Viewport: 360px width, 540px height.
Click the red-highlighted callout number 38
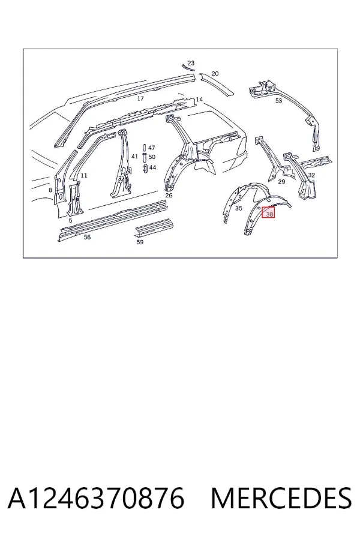pos(269,214)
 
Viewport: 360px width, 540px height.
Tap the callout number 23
pos(191,63)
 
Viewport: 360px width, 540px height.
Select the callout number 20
pos(215,73)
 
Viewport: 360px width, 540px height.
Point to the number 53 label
pos(278,101)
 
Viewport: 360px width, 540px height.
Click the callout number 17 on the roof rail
pos(140,98)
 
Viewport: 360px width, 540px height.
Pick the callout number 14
pos(199,100)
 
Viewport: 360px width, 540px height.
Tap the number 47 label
pos(152,148)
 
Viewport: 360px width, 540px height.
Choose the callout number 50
pos(152,157)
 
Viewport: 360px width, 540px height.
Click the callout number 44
pos(152,167)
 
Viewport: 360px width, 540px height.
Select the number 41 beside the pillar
pos(134,157)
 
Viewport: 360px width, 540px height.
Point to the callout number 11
pos(84,176)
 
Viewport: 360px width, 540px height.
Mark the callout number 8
pos(50,190)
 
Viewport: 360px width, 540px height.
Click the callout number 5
pos(71,220)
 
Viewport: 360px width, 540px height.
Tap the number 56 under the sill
pos(87,237)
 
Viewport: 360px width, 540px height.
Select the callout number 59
pos(140,242)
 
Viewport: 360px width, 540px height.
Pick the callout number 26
pos(169,196)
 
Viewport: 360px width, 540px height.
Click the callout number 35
pos(239,208)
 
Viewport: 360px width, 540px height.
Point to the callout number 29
pos(281,181)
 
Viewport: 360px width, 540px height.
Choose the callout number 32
pos(311,175)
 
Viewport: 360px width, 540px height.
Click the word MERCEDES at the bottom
pos(281,499)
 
